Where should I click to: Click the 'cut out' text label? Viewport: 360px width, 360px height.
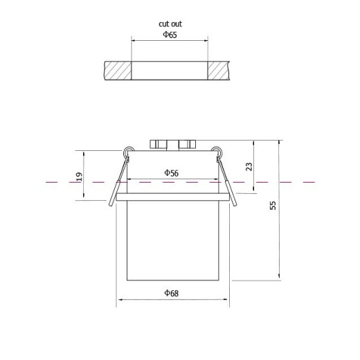170,24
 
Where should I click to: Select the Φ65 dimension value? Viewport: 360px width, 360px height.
170,35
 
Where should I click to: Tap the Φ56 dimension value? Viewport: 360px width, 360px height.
171,173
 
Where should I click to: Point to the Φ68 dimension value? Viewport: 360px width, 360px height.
171,293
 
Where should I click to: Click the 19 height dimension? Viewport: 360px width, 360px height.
79,177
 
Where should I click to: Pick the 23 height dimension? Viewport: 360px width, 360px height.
249,166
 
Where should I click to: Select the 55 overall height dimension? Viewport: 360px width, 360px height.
273,206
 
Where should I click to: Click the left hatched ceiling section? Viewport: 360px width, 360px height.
118,71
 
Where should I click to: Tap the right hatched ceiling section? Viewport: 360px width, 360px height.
217,71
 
